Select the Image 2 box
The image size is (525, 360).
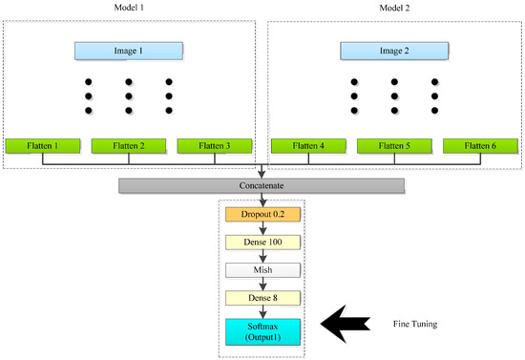pyautogui.click(x=393, y=50)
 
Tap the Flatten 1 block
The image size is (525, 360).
pyautogui.click(x=42, y=146)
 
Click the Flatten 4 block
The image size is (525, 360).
pyautogui.click(x=307, y=146)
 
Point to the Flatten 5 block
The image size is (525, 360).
pyautogui.click(x=393, y=146)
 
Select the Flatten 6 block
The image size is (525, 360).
pyautogui.click(x=479, y=146)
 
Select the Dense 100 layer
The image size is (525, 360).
pyautogui.click(x=262, y=243)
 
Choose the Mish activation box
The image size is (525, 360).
pyautogui.click(x=262, y=271)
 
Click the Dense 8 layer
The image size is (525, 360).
pyautogui.click(x=262, y=299)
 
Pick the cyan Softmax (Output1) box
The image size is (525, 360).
pyautogui.click(x=262, y=331)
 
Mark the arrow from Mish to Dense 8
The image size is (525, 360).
pyautogui.click(x=262, y=285)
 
